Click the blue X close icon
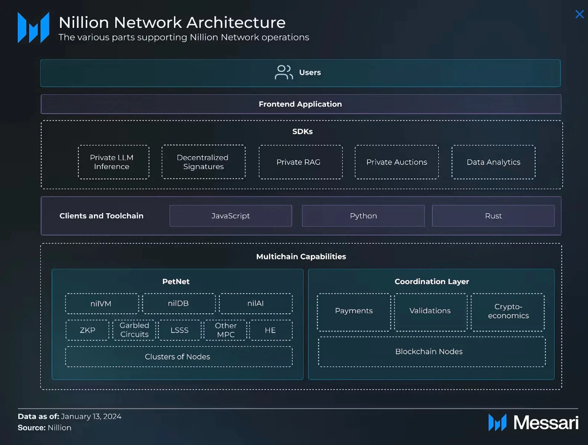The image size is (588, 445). (579, 14)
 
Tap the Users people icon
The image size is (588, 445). (284, 72)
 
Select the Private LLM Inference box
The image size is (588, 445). (114, 162)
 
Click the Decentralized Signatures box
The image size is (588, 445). (203, 162)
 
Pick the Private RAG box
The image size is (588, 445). (300, 162)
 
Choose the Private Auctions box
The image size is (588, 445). (397, 162)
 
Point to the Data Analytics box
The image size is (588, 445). (493, 162)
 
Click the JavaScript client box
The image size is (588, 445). (231, 216)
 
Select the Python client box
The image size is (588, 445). (363, 216)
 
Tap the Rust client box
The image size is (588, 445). (493, 216)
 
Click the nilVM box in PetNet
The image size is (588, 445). (102, 304)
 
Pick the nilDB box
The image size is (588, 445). (179, 303)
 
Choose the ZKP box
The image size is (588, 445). (87, 330)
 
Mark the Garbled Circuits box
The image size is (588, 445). (134, 330)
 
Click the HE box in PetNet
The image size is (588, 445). (271, 330)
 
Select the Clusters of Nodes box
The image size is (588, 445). (179, 357)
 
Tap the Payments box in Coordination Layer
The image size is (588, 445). (354, 312)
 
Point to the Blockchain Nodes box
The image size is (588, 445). (432, 351)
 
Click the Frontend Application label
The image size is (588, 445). (300, 104)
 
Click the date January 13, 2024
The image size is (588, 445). (91, 416)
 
